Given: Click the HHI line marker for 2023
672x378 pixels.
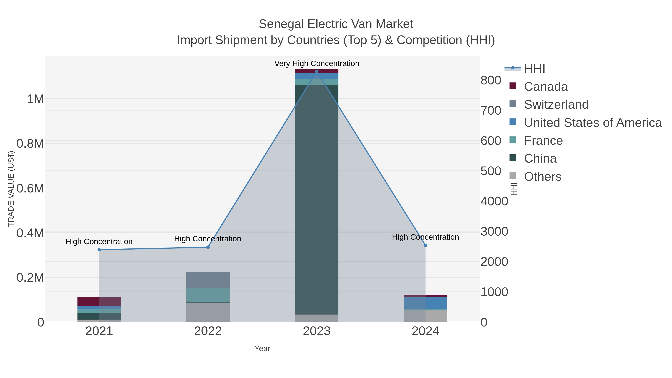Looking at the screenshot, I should (x=317, y=71).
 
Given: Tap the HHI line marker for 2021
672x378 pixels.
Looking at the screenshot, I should (x=99, y=250).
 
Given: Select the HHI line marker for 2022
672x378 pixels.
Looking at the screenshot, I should (x=208, y=247).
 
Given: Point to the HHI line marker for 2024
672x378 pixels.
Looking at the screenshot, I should (x=425, y=245).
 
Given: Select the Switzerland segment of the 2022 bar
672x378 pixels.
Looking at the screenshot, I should (x=208, y=280).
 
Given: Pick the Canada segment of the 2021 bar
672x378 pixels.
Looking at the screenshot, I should (x=99, y=301).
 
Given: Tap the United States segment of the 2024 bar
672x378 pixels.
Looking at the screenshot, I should (x=425, y=303).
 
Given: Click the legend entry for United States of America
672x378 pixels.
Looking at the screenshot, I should (x=592, y=123).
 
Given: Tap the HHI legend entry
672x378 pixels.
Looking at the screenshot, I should (x=534, y=69).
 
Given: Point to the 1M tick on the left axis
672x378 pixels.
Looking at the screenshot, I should (x=35, y=99).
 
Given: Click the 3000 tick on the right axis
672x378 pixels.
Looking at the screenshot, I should (x=494, y=231).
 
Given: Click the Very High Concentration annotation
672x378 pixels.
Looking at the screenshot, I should (x=317, y=63).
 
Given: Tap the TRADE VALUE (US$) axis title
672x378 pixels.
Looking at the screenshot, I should (x=11, y=189).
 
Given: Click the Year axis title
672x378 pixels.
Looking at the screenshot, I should (x=262, y=349).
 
